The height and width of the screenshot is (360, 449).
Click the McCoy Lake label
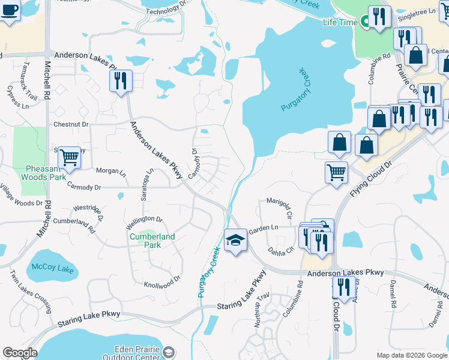point(52,268)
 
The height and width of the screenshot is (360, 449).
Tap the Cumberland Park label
point(152,240)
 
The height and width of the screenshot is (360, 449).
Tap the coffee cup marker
point(10,10)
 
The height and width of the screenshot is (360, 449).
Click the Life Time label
point(340,22)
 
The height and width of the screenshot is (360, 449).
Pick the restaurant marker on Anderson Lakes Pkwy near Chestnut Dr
point(121,80)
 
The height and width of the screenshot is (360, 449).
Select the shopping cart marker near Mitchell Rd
point(70,157)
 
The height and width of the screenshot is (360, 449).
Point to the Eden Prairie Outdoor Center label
point(137,353)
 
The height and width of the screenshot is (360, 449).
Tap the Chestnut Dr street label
point(71,124)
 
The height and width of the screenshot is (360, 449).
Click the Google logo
point(20,353)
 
